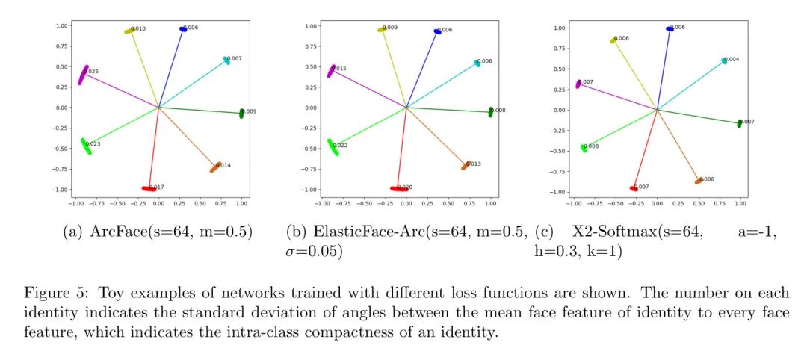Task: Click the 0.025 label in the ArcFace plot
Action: pyautogui.click(x=93, y=72)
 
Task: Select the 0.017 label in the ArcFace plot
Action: pyautogui.click(x=156, y=187)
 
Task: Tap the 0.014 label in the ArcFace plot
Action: pyautogui.click(x=223, y=165)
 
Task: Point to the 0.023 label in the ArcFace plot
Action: pyautogui.click(x=93, y=143)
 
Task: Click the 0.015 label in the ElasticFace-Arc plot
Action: pyautogui.click(x=339, y=69)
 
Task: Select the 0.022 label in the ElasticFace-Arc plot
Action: pyautogui.click(x=340, y=146)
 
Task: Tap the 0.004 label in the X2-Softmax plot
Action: pyautogui.click(x=732, y=59)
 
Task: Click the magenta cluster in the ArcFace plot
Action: pyautogui.click(x=83, y=75)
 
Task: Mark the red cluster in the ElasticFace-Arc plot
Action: pyautogui.click(x=398, y=189)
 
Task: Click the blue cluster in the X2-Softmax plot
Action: pyautogui.click(x=669, y=29)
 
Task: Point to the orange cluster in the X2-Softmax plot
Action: pyautogui.click(x=698, y=181)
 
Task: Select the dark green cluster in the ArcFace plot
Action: pyautogui.click(x=241, y=113)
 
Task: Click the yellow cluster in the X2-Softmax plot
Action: pyautogui.click(x=613, y=40)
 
